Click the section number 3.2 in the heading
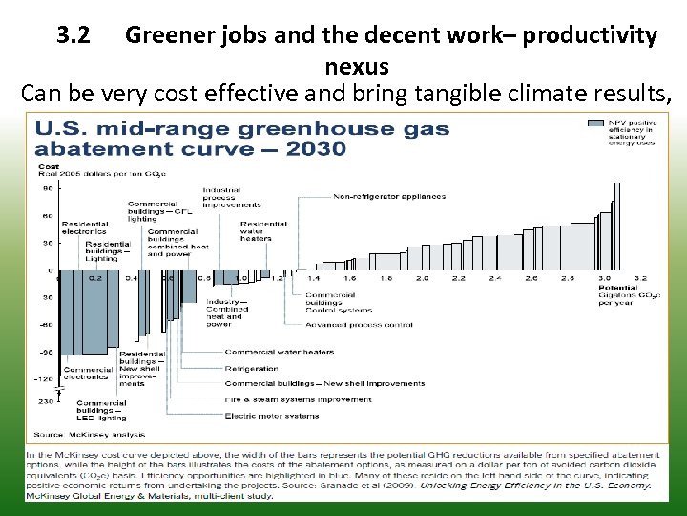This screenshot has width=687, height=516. [73, 36]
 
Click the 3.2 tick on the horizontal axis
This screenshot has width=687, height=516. [641, 278]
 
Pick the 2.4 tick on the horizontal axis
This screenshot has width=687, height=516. [494, 278]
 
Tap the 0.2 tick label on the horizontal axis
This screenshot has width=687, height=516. [95, 278]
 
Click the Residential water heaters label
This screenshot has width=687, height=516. [263, 230]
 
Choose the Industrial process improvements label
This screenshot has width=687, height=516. [231, 198]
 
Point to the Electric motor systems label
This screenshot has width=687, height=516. [272, 416]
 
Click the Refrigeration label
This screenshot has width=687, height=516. [251, 368]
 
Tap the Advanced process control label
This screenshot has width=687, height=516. [359, 325]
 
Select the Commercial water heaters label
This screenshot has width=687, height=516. [280, 352]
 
